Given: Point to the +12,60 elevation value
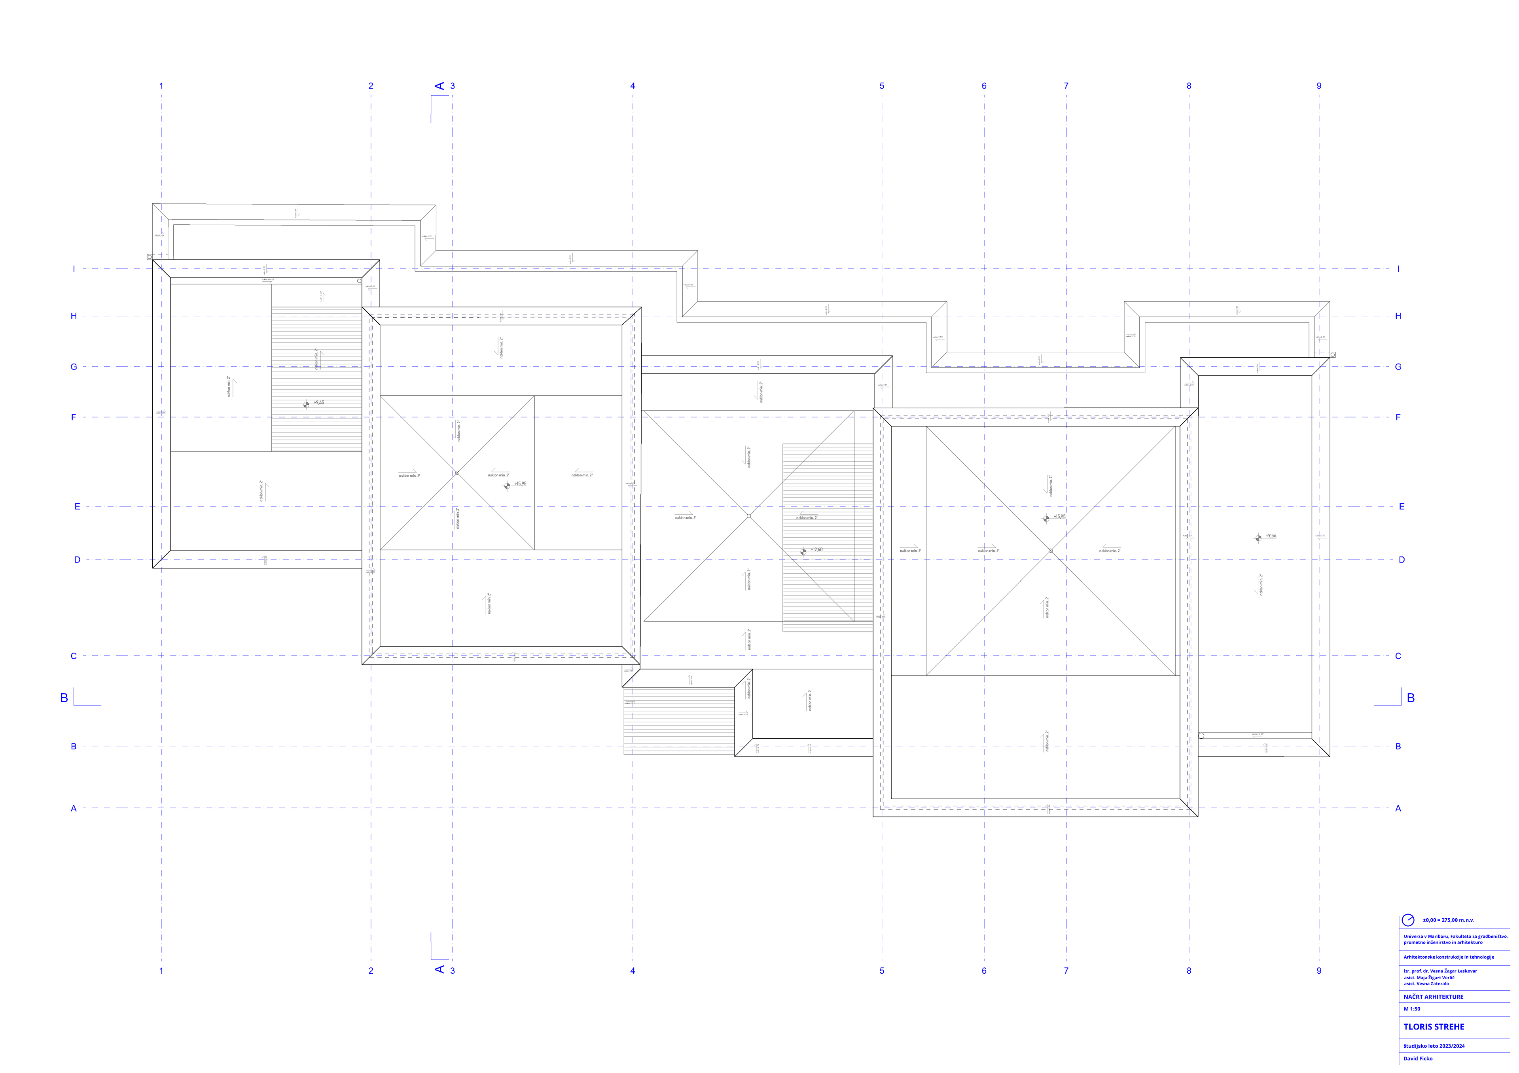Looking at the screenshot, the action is (817, 549).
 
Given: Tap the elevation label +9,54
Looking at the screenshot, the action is (1271, 536).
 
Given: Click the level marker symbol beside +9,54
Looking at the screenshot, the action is (1258, 538).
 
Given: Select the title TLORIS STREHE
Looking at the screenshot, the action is (1434, 1027).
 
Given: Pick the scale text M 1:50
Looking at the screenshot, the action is (1412, 1009).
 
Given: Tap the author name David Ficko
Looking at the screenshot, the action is (1418, 1058).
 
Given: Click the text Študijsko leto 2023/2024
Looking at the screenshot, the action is (1434, 1046).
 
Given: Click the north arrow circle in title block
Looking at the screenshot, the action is (1408, 920).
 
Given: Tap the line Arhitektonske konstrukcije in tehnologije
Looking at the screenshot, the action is (1448, 957).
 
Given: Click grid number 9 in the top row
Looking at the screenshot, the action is (1318, 86).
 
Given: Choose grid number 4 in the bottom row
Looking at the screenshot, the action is (633, 971).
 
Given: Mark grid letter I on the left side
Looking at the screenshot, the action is (74, 269).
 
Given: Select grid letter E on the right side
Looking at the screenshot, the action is (1401, 507).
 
